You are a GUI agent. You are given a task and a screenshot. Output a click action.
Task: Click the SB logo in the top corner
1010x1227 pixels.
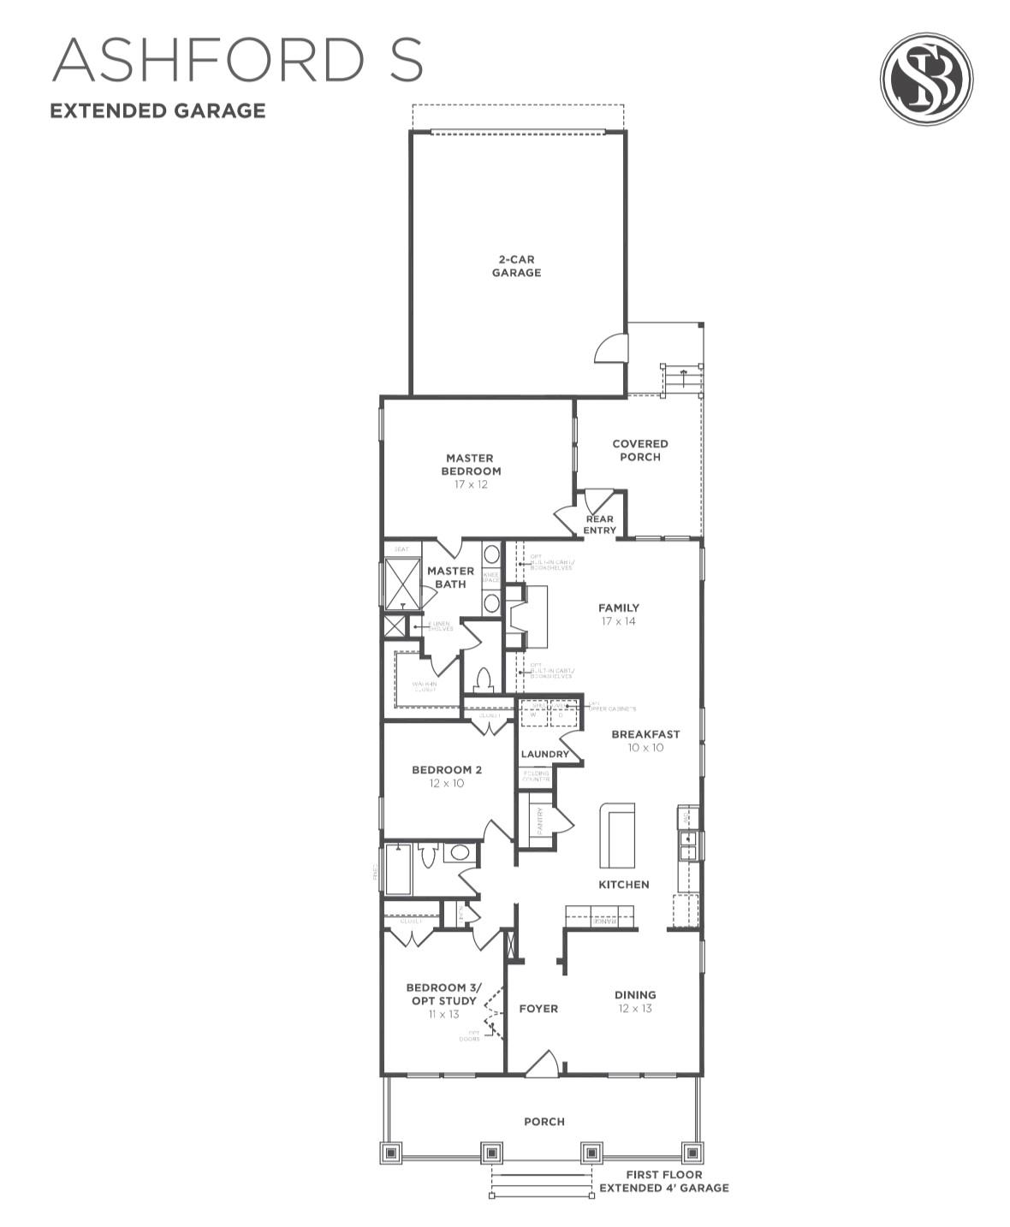coord(926,79)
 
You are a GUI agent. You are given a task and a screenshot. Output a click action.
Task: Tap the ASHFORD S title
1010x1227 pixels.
coord(237,60)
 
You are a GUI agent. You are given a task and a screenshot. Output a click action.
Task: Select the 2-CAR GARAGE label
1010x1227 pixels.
coord(516,266)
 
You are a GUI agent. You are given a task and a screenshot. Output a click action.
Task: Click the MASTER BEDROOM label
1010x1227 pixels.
coord(471,465)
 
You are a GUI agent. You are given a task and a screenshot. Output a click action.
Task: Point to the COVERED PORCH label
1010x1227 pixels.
coord(640,450)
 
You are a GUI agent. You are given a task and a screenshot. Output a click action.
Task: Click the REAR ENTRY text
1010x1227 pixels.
coord(599,525)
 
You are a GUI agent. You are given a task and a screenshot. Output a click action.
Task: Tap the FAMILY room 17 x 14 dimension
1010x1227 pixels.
coord(618,622)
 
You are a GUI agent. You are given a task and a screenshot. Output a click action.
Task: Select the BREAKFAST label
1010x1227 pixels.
coord(645,734)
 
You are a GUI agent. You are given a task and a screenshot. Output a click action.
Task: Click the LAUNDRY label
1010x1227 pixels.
coord(545,754)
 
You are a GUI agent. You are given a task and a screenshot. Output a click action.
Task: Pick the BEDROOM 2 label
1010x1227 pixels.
coord(447,770)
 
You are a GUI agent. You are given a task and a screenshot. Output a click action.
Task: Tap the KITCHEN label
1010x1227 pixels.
coord(623,884)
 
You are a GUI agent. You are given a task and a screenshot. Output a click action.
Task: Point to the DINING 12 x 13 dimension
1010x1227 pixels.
coord(635,1008)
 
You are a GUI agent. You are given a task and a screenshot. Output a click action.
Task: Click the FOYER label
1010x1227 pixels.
coord(538,1009)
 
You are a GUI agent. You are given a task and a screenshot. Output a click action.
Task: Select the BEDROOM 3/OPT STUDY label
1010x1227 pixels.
coord(443,994)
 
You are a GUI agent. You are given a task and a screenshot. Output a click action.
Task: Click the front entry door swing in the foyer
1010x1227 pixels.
coord(542,1064)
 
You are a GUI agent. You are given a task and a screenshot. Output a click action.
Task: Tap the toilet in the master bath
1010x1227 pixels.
coord(484,680)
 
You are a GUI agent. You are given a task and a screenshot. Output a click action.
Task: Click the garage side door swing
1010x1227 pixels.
coord(613,347)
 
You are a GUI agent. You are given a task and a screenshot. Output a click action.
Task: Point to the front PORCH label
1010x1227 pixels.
coord(544,1121)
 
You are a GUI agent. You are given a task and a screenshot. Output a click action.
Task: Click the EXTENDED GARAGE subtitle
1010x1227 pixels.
coord(157,110)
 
